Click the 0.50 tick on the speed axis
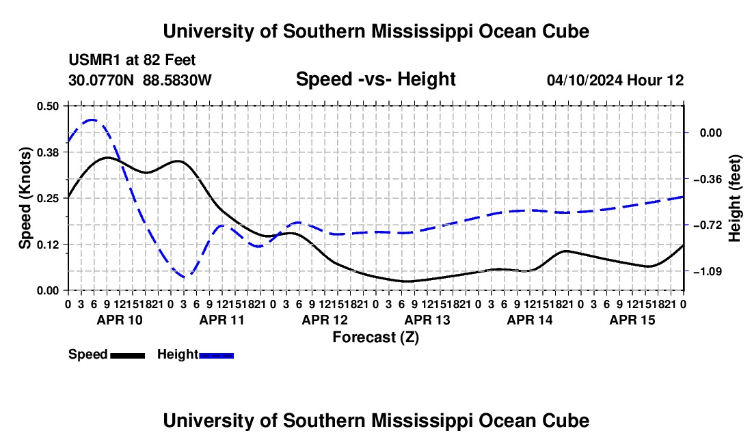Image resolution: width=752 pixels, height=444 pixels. (x=47, y=106)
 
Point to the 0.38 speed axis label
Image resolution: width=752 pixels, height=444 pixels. (x=47, y=152)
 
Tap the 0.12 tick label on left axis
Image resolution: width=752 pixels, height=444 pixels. (x=47, y=245)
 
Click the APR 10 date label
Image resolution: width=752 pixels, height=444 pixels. (x=120, y=320)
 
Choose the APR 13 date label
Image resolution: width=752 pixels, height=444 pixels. (x=427, y=320)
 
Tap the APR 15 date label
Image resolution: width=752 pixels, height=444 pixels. (x=632, y=320)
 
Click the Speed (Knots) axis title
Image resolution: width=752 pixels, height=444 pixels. (x=25, y=198)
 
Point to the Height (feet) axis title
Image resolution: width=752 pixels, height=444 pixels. (x=735, y=198)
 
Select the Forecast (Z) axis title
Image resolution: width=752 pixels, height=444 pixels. (x=376, y=337)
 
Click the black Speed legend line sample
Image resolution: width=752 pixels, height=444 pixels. (x=128, y=356)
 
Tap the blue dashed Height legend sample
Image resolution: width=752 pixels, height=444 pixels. (x=216, y=356)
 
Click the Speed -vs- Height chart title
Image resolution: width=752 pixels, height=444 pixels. (x=375, y=79)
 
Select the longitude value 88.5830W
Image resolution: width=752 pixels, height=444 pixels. (x=177, y=80)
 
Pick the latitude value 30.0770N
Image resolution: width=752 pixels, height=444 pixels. (x=101, y=80)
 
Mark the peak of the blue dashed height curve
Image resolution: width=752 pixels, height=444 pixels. (x=92, y=120)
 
